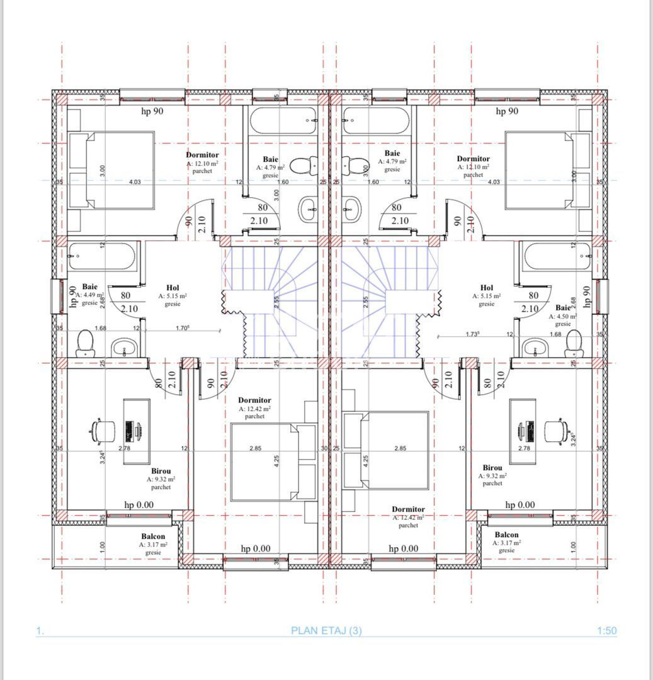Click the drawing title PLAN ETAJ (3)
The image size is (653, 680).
pos(326,630)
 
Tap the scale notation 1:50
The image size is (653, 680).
pos(606,630)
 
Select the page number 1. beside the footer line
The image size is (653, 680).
pos(40,630)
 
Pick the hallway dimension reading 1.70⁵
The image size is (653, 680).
pos(182,328)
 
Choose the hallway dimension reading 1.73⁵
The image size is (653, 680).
pos(474,334)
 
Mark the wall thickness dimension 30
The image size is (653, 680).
pos(324,448)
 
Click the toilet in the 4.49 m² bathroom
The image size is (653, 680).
pos(85,344)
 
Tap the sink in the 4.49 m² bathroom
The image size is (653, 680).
pos(124,347)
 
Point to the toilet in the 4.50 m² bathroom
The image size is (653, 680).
pos(574,344)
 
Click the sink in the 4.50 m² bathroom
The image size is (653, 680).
pos(535,347)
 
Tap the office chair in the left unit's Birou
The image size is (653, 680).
pos(103,430)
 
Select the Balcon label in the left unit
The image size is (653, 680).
pos(153,536)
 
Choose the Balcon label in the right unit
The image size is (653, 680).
pos(506,535)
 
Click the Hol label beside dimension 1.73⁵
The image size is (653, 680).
pos(486,288)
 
